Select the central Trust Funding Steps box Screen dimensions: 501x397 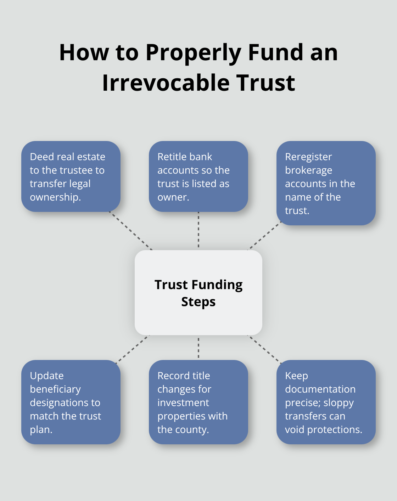coord(198,293)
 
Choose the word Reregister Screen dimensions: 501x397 coord(308,157)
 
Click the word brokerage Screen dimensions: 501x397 coord(308,170)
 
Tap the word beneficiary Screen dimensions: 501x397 coord(55,389)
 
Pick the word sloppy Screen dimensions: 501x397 coord(338,403)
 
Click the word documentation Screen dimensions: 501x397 coord(320,389)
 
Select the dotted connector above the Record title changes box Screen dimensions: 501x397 coord(198,348)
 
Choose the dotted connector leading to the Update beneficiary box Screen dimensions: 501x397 coord(133,349)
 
